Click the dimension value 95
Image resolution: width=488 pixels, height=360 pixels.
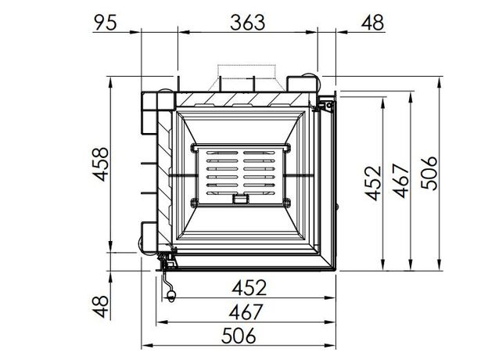click(x=106, y=23)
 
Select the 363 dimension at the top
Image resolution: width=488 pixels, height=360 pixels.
click(x=248, y=23)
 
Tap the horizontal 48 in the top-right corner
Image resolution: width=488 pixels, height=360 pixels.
click(x=372, y=23)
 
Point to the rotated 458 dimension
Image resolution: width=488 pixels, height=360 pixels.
click(x=102, y=164)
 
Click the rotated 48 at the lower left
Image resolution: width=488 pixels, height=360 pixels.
click(x=102, y=307)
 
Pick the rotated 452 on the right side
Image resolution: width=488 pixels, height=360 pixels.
click(x=373, y=183)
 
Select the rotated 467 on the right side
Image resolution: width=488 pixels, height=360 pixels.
click(x=401, y=181)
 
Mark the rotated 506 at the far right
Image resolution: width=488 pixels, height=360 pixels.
click(x=429, y=173)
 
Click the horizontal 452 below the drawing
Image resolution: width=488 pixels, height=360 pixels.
click(x=249, y=287)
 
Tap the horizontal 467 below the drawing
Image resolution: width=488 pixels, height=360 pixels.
click(x=246, y=311)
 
